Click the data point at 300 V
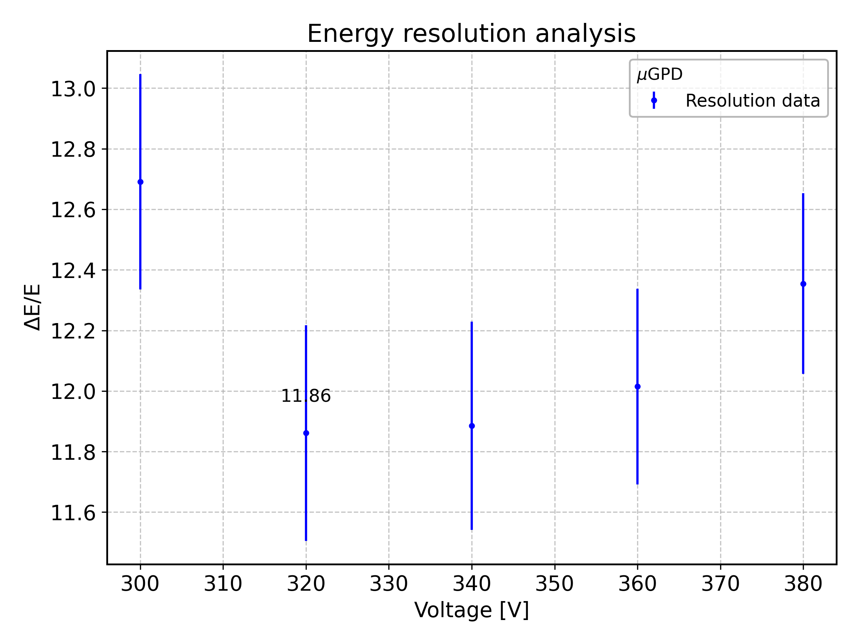point(141,182)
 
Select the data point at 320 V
point(306,433)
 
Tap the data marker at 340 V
point(472,426)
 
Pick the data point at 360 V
point(637,387)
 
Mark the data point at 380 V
point(803,284)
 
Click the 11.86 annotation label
point(306,396)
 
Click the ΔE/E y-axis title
point(33,307)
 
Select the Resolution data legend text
point(753,101)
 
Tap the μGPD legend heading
point(660,74)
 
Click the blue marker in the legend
point(654,101)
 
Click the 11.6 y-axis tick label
point(73,513)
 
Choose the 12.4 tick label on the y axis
point(73,271)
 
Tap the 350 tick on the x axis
point(554,584)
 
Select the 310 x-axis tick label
point(223,584)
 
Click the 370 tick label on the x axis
point(720,584)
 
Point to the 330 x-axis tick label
point(389,584)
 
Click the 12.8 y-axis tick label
point(73,150)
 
